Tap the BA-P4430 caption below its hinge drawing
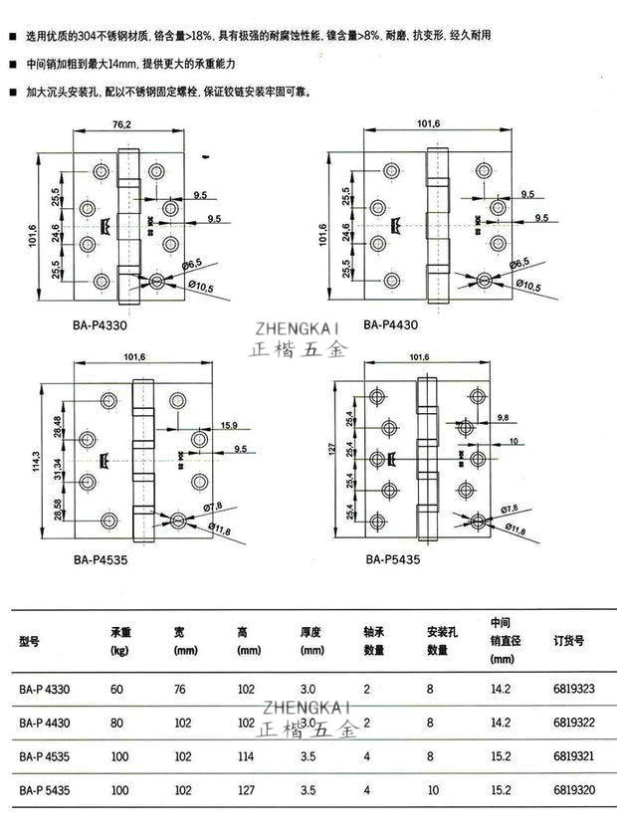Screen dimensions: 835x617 tap(390, 324)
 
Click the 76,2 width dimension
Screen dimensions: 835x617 tap(122, 125)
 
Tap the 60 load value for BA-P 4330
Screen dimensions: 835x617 tap(117, 688)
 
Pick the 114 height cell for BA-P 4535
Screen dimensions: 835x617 tap(246, 756)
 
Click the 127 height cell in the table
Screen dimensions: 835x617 tap(246, 791)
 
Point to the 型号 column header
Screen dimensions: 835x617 tap(29, 642)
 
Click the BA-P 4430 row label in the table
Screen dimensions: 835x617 tap(44, 723)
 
